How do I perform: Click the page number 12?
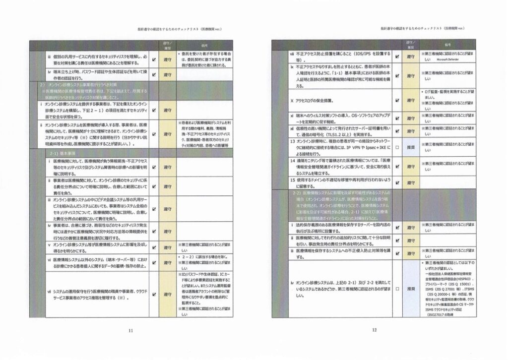click(376, 329)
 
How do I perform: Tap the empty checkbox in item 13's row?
click(397, 147)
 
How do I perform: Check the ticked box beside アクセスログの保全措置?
click(397, 99)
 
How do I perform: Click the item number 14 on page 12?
click(293, 161)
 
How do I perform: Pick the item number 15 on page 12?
click(293, 179)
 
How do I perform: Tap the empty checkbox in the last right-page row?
click(397, 288)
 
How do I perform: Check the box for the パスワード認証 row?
click(154, 75)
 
